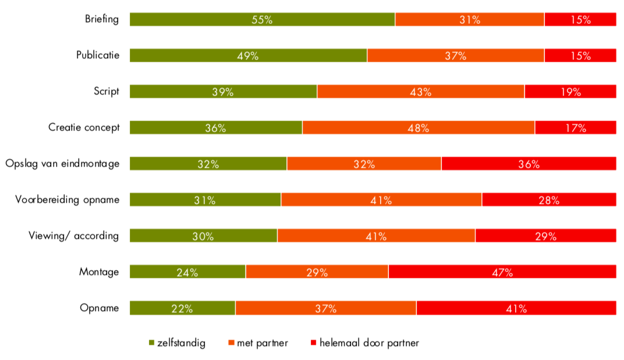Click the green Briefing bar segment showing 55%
262,19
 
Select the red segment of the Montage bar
502,272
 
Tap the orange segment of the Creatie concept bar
418,128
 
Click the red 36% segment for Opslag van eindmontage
529,164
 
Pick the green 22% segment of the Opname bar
182,308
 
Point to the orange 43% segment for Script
420,91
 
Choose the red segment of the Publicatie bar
580,55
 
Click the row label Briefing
102,19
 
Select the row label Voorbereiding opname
68,200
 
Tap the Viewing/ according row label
74,236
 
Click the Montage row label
99,272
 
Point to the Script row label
107,91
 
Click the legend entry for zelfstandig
178,343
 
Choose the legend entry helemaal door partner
363,343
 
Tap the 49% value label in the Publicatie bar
248,56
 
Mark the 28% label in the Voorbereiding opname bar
548,200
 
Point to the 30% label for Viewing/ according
203,237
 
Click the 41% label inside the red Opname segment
516,309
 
